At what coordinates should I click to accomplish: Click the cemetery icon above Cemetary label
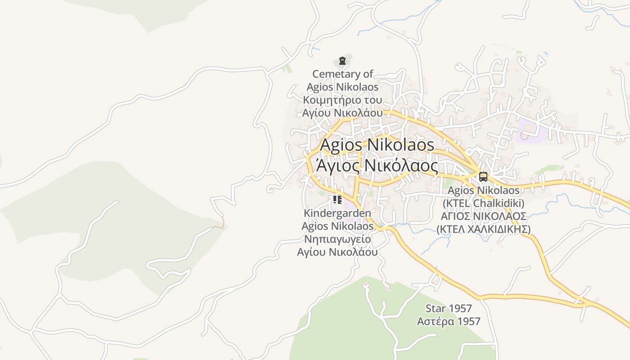tap(342, 60)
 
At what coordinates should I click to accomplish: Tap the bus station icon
tap(483, 177)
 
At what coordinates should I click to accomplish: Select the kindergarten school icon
tap(337, 199)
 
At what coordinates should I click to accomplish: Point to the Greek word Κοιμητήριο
tap(331, 99)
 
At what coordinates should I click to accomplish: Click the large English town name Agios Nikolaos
tap(377, 145)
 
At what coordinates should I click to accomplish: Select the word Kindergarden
tap(337, 213)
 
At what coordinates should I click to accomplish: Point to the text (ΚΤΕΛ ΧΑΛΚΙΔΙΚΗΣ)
tap(483, 229)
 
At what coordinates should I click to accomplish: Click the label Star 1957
tap(449, 309)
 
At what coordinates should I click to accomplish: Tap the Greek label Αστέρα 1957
tap(449, 321)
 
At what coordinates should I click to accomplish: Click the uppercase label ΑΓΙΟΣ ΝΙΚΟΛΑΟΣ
tap(483, 216)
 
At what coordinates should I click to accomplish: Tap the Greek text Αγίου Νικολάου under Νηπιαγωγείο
tap(337, 252)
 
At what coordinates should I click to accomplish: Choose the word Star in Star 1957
tap(435, 309)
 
